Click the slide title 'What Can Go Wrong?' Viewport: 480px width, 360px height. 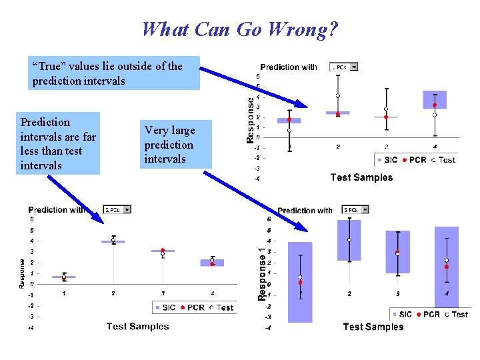tap(240, 29)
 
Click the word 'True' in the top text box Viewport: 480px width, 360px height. tap(50, 66)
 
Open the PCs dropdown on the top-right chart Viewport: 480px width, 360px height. tap(353, 67)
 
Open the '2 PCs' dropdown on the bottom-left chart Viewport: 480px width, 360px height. tap(127, 209)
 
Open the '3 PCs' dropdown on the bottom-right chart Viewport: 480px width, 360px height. tap(362, 210)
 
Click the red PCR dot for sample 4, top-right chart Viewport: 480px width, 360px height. tap(435, 105)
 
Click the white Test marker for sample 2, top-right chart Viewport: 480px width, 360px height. tap(338, 96)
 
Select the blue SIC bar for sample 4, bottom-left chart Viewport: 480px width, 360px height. tap(212, 263)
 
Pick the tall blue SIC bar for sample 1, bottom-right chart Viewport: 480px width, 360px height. tap(301, 280)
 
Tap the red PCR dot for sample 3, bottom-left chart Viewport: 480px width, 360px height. tap(163, 251)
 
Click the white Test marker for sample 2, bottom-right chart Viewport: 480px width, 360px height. tap(349, 240)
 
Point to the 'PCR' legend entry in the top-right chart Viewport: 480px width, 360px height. tap(417, 160)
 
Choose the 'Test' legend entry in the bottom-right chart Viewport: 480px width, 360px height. tap(461, 314)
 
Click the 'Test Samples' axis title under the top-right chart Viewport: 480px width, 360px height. tap(361, 177)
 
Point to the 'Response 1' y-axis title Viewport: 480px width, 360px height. tap(261, 273)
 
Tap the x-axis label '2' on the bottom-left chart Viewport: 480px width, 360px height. tap(113, 293)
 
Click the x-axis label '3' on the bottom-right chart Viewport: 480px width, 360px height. tap(398, 293)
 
